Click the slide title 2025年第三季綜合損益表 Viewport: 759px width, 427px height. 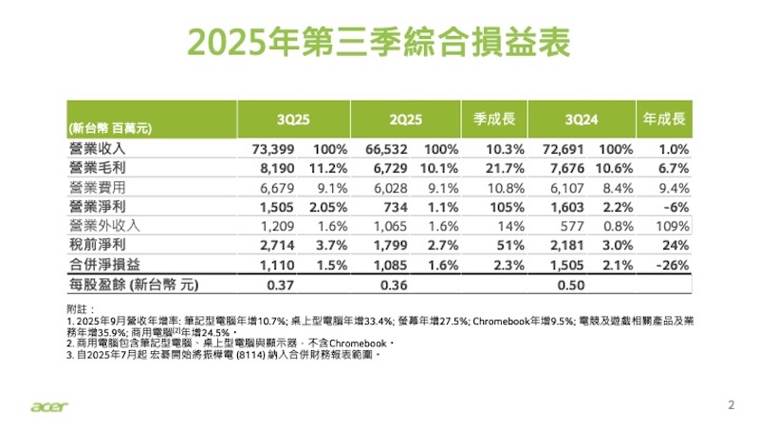coord(379,44)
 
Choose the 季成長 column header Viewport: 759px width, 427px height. coord(493,121)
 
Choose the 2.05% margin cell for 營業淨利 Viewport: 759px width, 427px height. coord(319,205)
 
